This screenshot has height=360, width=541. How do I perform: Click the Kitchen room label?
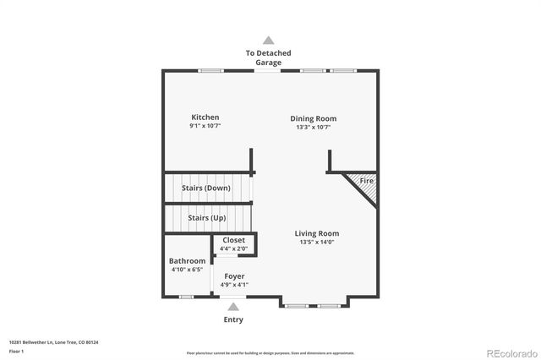(205, 117)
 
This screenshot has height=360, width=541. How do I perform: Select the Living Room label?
(317, 233)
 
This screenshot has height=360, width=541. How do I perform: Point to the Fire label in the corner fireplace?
(367, 182)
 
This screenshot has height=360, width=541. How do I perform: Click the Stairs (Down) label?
(206, 188)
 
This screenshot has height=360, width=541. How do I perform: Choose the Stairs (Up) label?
(206, 218)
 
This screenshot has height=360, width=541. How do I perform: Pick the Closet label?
(234, 240)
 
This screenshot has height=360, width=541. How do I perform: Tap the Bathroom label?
(187, 261)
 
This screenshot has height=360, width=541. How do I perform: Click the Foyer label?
(234, 276)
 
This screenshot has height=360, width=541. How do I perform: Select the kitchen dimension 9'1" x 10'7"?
(205, 128)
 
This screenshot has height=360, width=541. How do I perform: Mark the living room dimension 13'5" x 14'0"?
(317, 243)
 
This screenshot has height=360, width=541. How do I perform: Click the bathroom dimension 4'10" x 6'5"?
(187, 270)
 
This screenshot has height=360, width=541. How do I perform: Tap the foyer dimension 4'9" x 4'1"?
(234, 285)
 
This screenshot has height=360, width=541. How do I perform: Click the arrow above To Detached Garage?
(269, 40)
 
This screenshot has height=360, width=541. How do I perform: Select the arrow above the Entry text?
(233, 308)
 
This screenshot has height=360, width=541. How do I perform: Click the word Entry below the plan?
(233, 319)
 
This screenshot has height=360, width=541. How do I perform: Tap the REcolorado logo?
(510, 352)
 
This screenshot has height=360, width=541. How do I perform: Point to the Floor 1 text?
(17, 350)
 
